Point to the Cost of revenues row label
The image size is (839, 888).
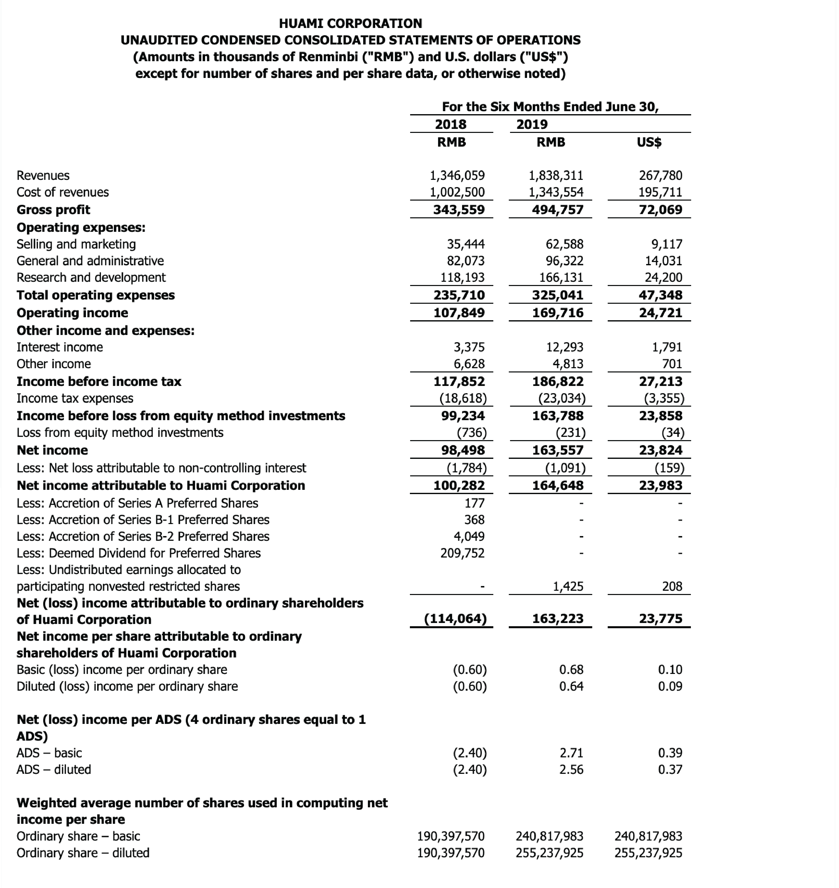click(x=63, y=192)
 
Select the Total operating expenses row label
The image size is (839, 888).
click(x=96, y=295)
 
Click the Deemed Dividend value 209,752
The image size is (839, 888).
click(x=462, y=553)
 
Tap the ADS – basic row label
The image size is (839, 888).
click(x=49, y=753)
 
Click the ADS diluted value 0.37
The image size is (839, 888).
click(x=670, y=769)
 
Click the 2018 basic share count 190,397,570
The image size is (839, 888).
click(x=451, y=836)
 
